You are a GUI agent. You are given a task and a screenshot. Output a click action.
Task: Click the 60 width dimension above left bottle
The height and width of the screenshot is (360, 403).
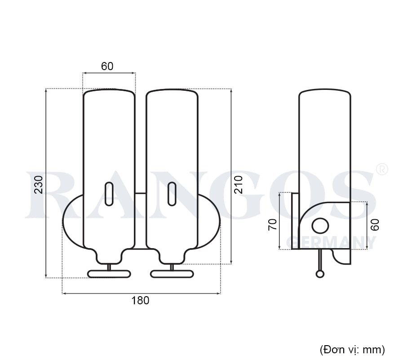click(x=107, y=67)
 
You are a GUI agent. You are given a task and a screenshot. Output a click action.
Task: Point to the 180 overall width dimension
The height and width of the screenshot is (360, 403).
click(x=141, y=301)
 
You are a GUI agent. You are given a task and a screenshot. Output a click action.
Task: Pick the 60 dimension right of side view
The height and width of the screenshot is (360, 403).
click(x=375, y=224)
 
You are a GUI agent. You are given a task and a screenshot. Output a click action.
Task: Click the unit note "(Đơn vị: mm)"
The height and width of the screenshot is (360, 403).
click(x=352, y=349)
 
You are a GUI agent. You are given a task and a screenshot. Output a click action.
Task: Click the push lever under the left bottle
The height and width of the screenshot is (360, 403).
click(x=108, y=274)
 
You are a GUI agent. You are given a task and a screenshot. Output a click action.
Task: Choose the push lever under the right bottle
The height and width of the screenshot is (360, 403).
click(x=171, y=274)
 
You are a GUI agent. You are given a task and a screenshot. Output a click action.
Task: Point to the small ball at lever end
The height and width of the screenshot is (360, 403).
click(x=319, y=273)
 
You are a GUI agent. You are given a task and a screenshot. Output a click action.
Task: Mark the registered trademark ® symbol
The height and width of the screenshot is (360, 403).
click(x=381, y=169)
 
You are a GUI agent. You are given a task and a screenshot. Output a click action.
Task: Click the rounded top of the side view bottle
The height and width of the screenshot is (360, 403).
click(x=325, y=93)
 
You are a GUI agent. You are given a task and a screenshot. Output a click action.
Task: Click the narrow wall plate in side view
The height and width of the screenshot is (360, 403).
click(x=295, y=220)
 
